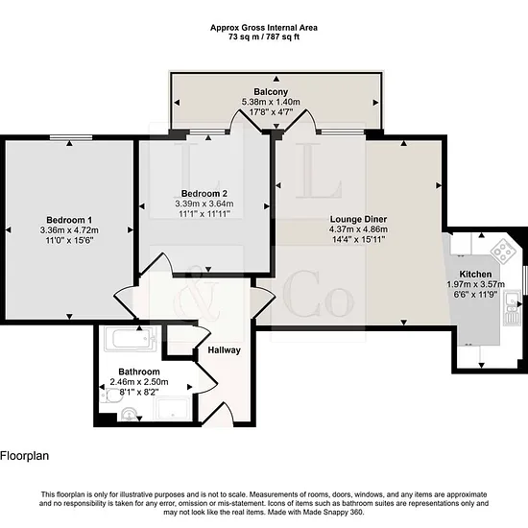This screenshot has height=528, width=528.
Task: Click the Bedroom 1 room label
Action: point(69,220)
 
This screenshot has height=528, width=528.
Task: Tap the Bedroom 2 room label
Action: point(204,193)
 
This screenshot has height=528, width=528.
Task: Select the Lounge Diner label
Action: point(358,219)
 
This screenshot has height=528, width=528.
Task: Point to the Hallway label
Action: point(225,350)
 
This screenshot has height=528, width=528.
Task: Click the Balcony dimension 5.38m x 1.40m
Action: point(271,102)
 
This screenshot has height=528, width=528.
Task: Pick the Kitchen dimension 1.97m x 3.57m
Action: point(475,284)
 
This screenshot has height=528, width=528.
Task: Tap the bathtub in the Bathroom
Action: point(131,339)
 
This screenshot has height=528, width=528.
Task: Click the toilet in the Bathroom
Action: point(111,396)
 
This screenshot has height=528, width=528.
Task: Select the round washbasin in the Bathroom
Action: point(129,414)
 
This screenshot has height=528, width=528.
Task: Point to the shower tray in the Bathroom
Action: point(173,408)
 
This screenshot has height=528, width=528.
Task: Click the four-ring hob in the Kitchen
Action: point(503,251)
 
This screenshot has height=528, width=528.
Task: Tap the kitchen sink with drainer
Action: point(513,308)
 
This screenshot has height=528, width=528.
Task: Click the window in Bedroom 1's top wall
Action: point(71,137)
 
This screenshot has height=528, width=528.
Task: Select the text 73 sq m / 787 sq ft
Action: point(264,37)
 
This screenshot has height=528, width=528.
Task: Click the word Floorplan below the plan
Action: point(25,456)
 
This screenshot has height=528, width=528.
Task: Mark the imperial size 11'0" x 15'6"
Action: point(69,240)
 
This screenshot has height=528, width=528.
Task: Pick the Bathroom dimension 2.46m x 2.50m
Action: point(139,382)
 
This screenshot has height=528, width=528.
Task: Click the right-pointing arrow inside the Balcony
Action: point(375,103)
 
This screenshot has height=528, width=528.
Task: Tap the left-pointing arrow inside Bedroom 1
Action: point(9,230)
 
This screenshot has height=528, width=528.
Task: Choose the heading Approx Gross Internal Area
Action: point(264,28)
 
